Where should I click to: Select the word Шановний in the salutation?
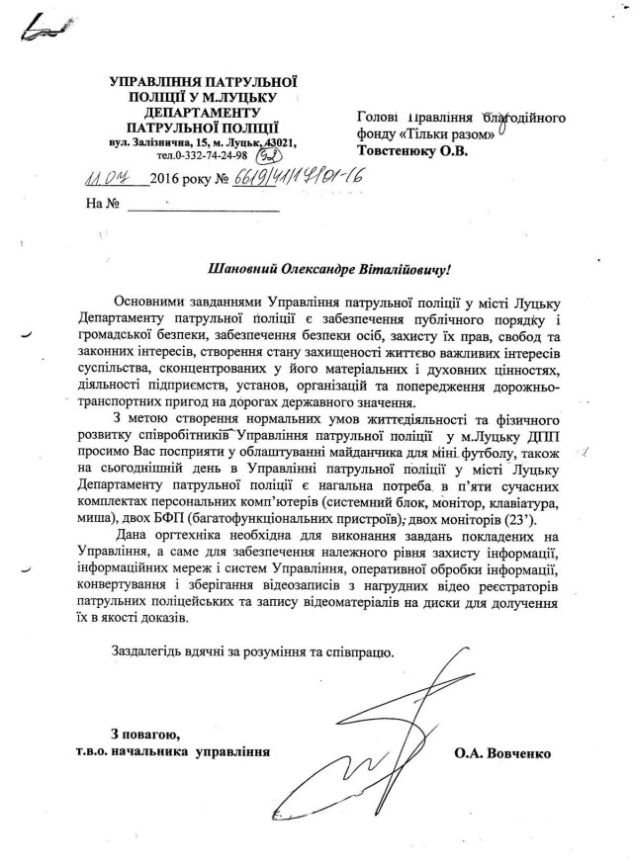pyautogui.click(x=248, y=266)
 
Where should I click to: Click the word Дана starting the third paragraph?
pyautogui.click(x=134, y=536)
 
